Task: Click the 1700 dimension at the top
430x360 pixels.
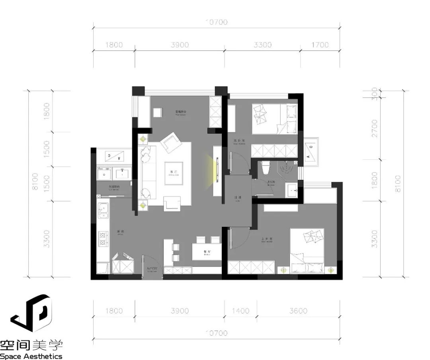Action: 320,45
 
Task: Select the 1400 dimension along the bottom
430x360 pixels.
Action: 240,311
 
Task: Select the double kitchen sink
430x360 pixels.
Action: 104,211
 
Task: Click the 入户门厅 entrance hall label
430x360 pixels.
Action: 152,269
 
